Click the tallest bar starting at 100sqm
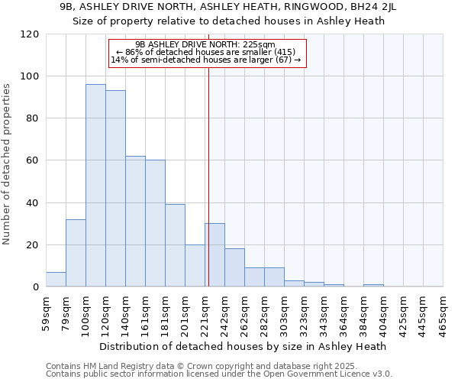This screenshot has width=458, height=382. [x=95, y=186]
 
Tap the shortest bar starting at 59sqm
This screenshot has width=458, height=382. [x=56, y=280]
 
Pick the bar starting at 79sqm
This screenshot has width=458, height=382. [x=76, y=253]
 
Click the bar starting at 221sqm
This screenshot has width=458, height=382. [x=214, y=255]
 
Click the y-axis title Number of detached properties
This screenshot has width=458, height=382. [x=8, y=164]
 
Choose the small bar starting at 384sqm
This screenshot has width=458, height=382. [x=373, y=285]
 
